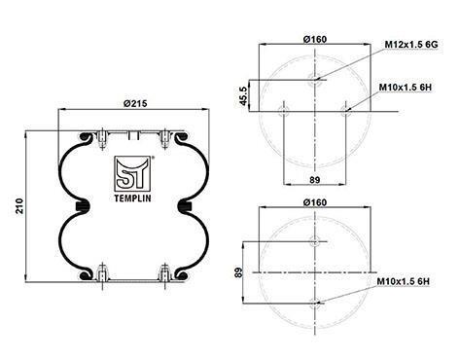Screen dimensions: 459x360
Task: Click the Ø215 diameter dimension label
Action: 135,103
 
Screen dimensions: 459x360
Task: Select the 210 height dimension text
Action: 20,206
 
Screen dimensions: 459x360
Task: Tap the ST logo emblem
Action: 133,173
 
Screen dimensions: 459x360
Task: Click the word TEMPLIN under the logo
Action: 133,198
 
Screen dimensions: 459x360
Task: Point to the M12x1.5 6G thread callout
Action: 411,45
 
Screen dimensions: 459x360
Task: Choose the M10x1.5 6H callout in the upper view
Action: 406,88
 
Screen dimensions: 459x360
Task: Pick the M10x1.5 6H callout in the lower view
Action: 404,281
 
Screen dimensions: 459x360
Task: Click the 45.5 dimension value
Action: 243,95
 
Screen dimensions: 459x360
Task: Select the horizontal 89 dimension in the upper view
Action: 315,180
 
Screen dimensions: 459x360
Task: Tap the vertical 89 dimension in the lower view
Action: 238,272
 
